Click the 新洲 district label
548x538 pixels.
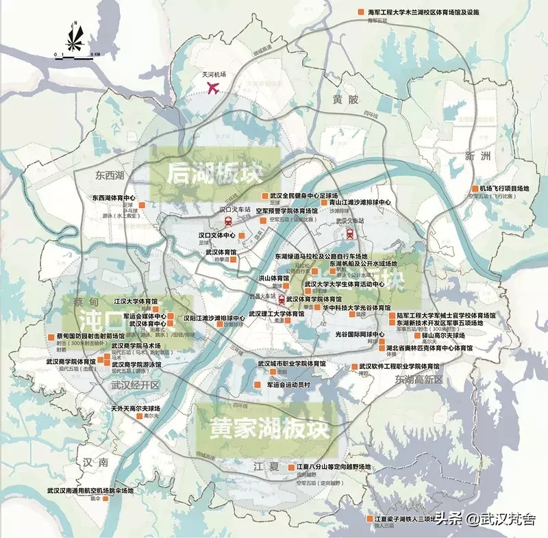coord(478,156)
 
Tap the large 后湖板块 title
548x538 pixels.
coord(214,172)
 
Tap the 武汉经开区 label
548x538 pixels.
coord(135,385)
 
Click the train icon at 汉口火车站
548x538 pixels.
coord(227,221)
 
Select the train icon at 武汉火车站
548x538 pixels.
coord(350,232)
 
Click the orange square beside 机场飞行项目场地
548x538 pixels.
coord(475,188)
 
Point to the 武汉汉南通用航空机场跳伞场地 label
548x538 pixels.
coord(90,490)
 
